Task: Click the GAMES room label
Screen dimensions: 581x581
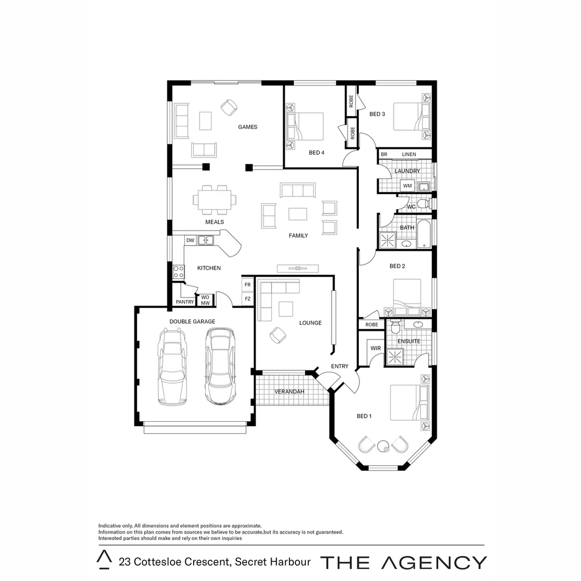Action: click(247, 127)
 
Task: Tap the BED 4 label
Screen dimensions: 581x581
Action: click(317, 153)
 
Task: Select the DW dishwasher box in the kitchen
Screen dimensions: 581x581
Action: click(190, 240)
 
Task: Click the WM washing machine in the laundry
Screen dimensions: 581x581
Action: click(407, 186)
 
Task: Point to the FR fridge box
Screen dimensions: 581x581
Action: click(247, 285)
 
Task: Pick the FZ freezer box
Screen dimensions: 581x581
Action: click(247, 299)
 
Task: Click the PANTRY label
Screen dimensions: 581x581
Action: click(185, 302)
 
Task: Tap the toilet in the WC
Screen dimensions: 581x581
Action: click(423, 204)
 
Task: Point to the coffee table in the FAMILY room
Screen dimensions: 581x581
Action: click(297, 214)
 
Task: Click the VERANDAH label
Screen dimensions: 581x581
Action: click(289, 391)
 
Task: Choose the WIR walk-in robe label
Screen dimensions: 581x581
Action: click(375, 349)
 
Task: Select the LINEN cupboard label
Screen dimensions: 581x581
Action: click(409, 154)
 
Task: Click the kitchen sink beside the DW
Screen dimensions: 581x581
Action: click(205, 240)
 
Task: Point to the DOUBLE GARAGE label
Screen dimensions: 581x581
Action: click(192, 322)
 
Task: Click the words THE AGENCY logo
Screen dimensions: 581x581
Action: click(403, 562)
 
